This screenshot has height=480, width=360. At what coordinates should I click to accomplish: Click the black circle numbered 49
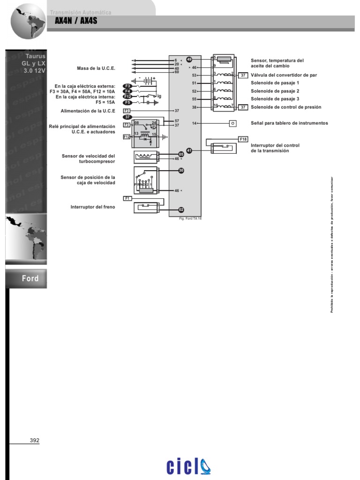click(189, 60)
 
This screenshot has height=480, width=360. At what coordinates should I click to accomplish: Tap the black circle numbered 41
click(189, 150)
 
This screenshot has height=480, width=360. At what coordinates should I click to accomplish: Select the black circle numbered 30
click(181, 171)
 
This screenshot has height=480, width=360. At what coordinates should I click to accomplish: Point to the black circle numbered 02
click(181, 210)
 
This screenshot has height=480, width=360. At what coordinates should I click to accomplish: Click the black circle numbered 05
click(181, 154)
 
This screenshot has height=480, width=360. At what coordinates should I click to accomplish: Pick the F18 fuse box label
click(243, 139)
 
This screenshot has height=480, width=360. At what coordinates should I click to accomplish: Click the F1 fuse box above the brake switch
click(127, 198)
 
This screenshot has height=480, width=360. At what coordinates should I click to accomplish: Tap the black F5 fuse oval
click(127, 102)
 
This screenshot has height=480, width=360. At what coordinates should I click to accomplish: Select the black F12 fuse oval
click(127, 96)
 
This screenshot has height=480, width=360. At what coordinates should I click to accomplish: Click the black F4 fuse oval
click(127, 91)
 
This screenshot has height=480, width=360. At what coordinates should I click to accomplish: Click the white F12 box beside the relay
click(127, 137)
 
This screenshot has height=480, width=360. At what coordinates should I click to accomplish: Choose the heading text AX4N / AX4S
click(76, 21)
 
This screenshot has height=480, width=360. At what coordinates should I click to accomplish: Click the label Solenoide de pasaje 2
click(275, 91)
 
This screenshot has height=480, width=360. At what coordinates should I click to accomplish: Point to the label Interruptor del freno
click(92, 207)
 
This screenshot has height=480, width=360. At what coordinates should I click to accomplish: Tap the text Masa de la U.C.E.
click(96, 68)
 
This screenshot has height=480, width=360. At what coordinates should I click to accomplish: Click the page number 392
click(35, 440)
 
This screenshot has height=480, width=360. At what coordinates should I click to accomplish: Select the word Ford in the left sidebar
click(30, 278)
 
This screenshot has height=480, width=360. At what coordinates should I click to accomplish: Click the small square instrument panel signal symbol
click(232, 123)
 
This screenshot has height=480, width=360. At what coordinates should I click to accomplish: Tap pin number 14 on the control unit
click(194, 123)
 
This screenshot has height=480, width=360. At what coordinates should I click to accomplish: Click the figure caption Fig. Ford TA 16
click(190, 219)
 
